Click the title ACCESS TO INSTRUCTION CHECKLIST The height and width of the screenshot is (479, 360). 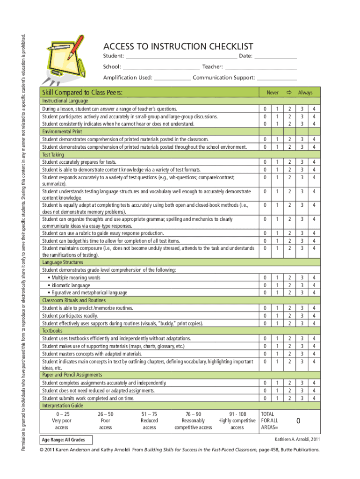click(178, 46)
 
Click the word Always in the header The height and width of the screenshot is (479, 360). click(305, 93)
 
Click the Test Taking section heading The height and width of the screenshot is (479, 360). click(53, 154)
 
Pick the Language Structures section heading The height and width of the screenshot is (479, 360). click(62, 262)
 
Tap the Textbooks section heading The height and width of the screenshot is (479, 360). click(52, 330)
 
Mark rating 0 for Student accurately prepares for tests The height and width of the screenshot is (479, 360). click(265, 162)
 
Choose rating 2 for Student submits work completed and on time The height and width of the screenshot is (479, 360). click(289, 398)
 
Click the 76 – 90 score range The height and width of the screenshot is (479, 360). click(193, 414)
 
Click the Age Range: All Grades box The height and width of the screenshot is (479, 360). click(66, 440)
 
